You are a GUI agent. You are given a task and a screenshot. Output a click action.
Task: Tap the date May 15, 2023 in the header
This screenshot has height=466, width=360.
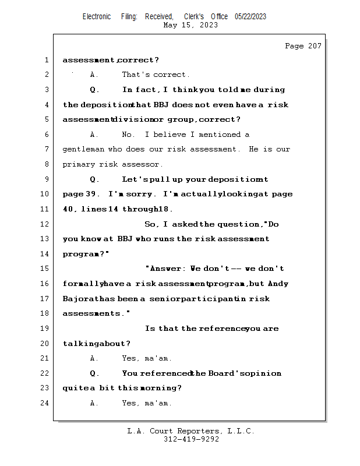[190, 25]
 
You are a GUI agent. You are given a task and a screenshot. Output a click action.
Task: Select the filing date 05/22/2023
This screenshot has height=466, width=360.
[250, 17]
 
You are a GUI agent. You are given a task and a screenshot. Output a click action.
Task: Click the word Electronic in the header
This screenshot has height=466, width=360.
[97, 17]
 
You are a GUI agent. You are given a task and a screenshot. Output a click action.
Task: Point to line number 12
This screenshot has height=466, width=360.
[46, 224]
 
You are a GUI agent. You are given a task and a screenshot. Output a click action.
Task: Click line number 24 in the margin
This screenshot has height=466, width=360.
[46, 403]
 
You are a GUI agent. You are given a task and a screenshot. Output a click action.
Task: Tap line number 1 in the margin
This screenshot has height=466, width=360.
[46, 60]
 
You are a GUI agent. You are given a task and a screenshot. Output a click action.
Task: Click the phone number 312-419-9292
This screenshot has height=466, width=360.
[191, 439]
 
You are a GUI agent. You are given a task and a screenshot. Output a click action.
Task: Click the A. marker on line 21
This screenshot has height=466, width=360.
[94, 358]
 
